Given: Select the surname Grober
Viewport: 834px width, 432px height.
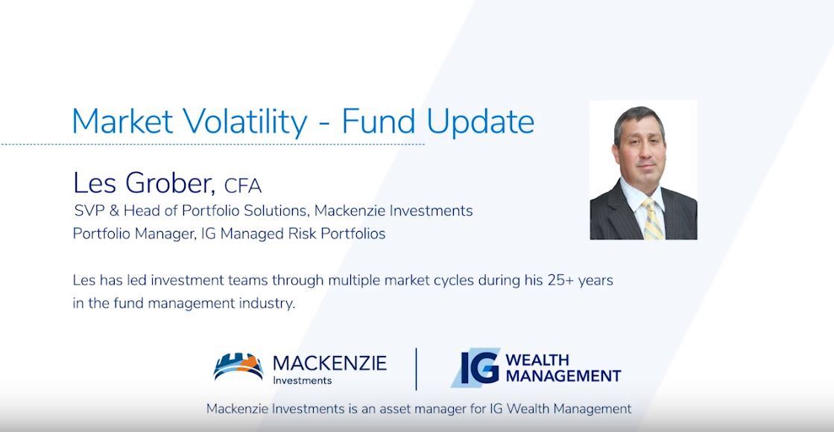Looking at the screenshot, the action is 170,183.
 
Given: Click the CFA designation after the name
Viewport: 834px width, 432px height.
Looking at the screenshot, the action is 243,186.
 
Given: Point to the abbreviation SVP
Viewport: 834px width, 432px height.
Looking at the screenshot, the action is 90,211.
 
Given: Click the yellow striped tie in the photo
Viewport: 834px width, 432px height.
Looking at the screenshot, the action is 653,219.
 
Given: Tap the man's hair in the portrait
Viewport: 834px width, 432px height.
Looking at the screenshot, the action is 638,121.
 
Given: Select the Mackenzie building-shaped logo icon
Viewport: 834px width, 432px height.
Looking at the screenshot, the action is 238,366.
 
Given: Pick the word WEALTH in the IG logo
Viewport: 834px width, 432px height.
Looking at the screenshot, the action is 537,360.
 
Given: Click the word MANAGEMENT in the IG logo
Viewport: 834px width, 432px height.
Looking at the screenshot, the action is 563,376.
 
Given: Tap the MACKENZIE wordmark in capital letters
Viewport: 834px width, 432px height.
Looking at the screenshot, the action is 329,363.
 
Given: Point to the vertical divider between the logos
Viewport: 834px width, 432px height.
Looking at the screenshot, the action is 417,369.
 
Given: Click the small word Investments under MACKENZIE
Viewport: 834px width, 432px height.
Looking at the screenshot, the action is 302,381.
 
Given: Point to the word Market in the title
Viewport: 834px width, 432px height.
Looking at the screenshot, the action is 122,121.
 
